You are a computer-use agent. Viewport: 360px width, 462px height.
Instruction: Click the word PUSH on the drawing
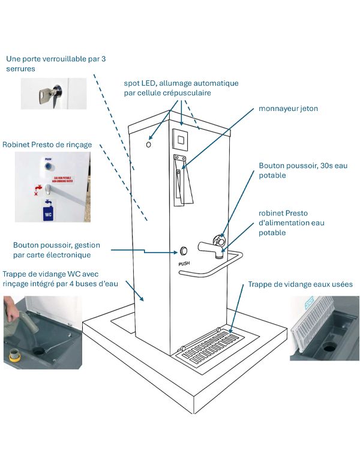click(185, 263)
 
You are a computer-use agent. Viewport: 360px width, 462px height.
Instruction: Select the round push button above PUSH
click(184, 251)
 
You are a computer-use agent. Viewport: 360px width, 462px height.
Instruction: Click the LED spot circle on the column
click(148, 145)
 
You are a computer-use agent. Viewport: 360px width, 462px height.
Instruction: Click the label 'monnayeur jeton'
click(288, 109)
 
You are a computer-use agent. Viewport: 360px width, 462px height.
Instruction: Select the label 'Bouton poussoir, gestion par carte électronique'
click(56, 250)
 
